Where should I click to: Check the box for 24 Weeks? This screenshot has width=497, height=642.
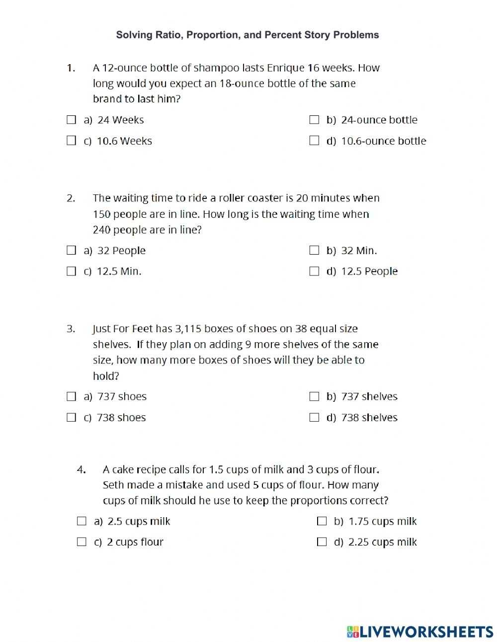tap(72, 120)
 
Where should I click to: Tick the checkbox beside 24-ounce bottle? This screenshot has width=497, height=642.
tap(314, 120)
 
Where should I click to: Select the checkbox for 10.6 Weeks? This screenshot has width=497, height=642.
tap(72, 141)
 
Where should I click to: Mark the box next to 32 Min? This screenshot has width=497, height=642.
tap(314, 250)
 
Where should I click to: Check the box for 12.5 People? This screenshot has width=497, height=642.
tap(314, 271)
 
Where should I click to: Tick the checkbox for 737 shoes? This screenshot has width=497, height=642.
tap(72, 396)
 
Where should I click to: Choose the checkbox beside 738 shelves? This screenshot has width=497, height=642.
tap(314, 417)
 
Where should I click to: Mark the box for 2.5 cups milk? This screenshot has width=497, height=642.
tap(82, 521)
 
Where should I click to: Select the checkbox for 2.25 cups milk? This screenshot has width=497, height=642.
tap(322, 542)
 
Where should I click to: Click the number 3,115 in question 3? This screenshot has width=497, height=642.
tap(188, 329)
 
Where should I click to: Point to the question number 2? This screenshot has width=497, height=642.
tap(71, 198)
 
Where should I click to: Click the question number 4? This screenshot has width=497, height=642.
tap(81, 469)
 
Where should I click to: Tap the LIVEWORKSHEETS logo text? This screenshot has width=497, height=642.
tap(426, 632)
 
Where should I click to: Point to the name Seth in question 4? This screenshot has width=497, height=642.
tap(113, 485)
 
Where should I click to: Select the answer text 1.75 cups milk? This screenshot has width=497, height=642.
tap(382, 521)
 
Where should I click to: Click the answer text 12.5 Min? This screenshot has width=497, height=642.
tap(119, 271)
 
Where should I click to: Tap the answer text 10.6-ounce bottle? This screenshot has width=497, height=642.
tap(383, 141)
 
